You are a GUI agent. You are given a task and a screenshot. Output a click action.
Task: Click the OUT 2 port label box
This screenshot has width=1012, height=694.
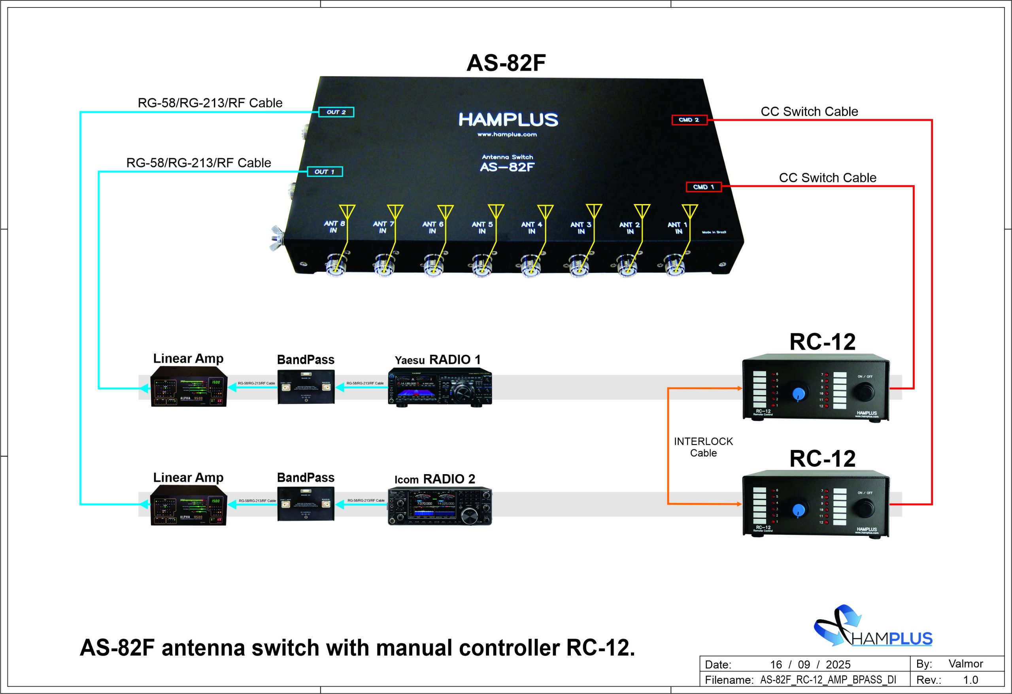(336, 112)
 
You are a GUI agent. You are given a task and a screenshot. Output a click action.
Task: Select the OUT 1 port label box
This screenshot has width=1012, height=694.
(325, 172)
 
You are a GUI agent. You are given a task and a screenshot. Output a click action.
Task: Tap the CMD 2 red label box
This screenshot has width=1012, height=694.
(689, 120)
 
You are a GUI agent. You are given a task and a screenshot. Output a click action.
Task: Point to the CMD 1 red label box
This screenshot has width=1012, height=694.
(703, 187)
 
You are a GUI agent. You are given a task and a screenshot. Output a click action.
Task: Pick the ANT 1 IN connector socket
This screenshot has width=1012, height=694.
(676, 265)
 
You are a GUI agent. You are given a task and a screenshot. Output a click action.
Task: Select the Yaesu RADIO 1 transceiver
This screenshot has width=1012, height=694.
(440, 387)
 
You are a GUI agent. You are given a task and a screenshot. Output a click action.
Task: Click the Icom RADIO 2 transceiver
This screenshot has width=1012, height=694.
(440, 506)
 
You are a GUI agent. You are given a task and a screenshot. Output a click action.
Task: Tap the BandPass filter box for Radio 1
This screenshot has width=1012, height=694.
(306, 386)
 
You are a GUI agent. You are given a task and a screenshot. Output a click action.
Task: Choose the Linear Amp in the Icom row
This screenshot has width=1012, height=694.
(189, 505)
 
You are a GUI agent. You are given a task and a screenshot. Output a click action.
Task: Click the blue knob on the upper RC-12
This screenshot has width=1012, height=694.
(798, 394)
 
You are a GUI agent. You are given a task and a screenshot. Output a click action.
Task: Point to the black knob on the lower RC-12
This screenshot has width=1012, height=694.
(865, 509)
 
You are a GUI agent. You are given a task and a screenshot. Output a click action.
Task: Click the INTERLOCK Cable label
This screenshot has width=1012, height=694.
(703, 447)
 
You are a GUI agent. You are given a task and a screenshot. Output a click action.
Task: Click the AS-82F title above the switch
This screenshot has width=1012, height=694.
(506, 63)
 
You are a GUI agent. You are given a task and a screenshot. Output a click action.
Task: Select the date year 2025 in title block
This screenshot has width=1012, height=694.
(838, 664)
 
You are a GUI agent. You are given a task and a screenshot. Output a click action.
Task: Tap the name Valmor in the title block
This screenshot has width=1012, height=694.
(966, 664)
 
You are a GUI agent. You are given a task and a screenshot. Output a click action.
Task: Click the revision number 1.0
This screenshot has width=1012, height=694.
(970, 680)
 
